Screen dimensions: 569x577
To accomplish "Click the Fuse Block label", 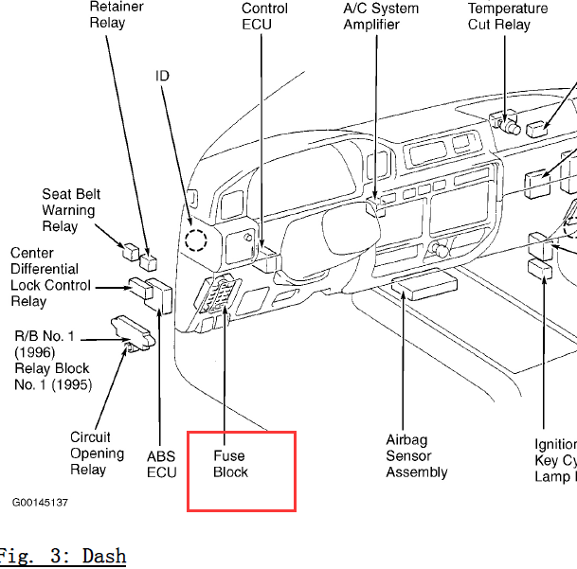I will [x=230, y=464].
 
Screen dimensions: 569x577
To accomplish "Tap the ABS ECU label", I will [x=161, y=464].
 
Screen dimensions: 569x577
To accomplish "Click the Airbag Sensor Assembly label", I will [x=416, y=455].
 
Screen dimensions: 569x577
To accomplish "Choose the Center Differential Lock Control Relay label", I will [x=51, y=277].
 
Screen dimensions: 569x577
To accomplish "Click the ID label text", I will [x=162, y=75].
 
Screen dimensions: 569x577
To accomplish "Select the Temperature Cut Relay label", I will [x=507, y=16].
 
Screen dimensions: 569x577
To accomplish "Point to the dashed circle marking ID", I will [x=196, y=240].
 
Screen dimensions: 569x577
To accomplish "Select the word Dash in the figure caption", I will [x=103, y=556].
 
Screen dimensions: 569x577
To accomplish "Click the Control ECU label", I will [x=264, y=16].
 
